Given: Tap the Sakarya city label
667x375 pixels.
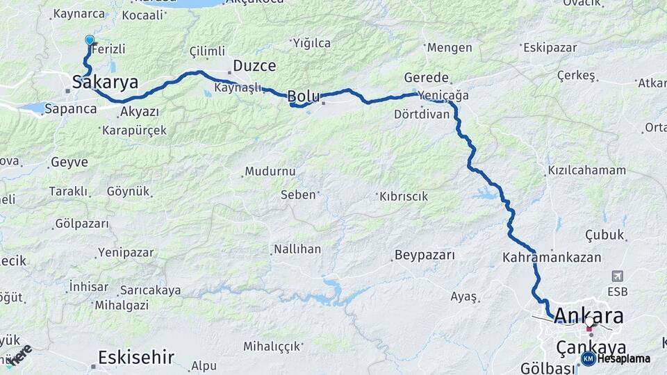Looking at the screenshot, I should pos(106,83).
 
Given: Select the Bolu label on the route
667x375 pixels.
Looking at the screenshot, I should pos(304,96).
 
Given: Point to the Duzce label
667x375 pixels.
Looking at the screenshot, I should pos(254,66).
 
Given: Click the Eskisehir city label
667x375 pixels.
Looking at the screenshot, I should pos(135,358).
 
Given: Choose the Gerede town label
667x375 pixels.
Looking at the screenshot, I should pos(426,78).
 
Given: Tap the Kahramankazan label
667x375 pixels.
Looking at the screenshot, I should pos(542,258).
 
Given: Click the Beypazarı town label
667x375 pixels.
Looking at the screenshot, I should pos(425,256).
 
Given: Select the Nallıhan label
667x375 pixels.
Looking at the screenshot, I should pos(297,249).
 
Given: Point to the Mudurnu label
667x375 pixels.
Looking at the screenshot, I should pos(270,171).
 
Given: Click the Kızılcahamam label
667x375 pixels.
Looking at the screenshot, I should pos(586,170).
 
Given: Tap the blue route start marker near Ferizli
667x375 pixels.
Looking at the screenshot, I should pos(90,41).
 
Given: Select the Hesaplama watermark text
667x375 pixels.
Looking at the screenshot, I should pos(624,358).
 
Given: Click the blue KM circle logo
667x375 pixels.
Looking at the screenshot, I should pos(588,358).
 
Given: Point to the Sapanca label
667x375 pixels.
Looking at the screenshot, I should pos(70,109).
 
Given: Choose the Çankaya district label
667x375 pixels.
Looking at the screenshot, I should pos(591,347).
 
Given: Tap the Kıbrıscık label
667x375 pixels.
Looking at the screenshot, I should pos(404,197).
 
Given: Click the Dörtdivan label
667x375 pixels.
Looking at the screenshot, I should pos(422,114).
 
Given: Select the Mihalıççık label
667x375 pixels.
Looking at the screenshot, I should pos(272,346).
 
